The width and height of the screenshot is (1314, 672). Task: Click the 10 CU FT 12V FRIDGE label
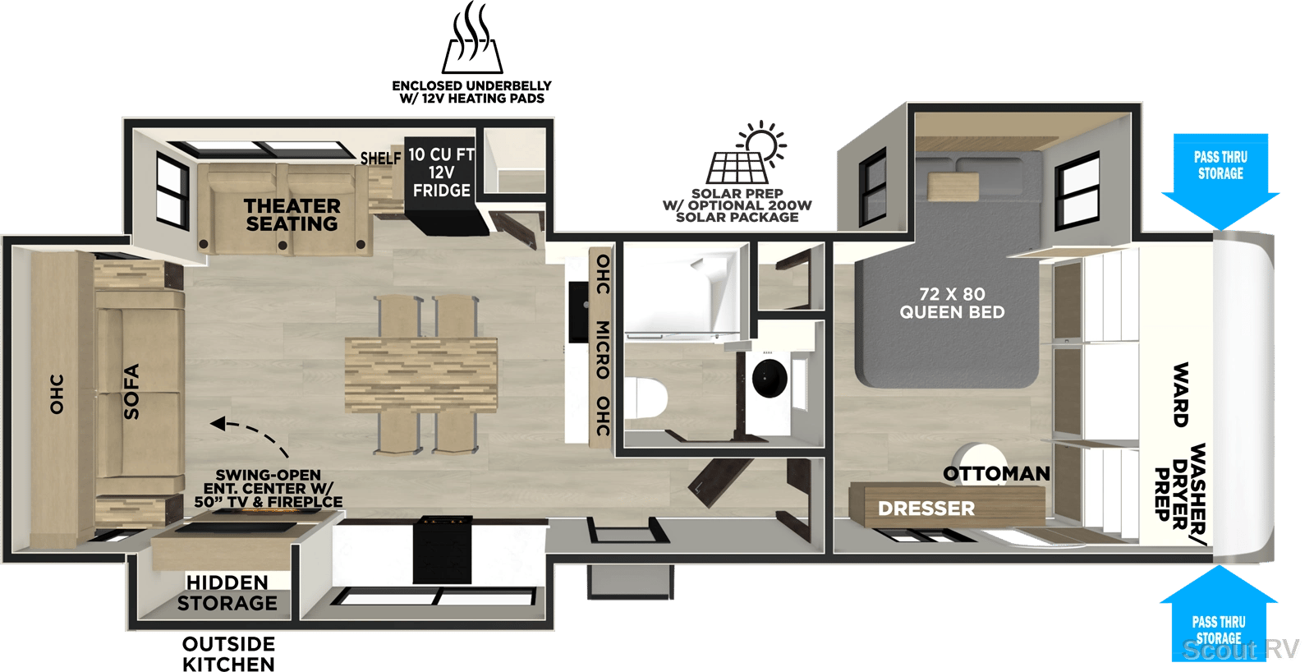tap(442, 173)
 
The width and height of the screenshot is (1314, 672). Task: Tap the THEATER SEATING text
tap(292, 214)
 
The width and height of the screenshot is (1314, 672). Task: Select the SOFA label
tap(131, 392)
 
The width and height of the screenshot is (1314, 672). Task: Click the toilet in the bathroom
tap(646, 398)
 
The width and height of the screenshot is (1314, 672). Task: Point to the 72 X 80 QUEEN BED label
tap(952, 303)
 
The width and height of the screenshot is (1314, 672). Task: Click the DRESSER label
tap(926, 509)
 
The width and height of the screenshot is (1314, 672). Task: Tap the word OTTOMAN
tap(996, 474)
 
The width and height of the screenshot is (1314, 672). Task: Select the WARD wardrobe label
tap(1180, 394)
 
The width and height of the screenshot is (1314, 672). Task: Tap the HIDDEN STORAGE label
tap(227, 593)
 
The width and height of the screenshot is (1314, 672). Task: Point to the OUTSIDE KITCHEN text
tap(228, 654)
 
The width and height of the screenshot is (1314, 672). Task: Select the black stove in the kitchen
tap(442, 550)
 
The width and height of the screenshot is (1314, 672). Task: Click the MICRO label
tap(603, 349)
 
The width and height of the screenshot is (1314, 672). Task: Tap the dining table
tap(420, 375)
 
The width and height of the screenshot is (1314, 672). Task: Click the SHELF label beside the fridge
tap(381, 159)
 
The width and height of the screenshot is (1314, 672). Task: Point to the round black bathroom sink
tap(770, 378)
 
